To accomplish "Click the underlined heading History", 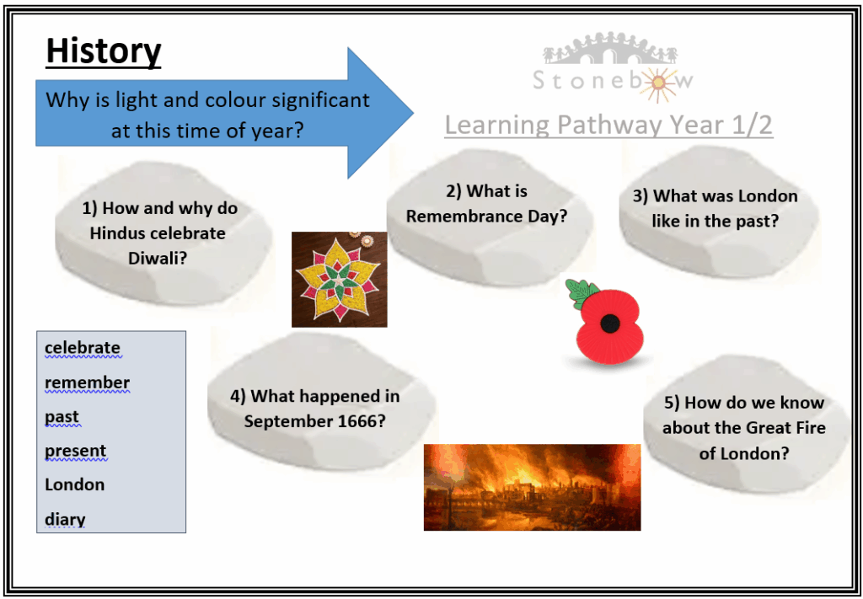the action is [104, 52].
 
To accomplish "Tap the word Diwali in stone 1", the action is [158, 258].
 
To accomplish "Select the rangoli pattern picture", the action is [339, 280].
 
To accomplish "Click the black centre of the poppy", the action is [610, 324].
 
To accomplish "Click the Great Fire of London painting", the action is [533, 487].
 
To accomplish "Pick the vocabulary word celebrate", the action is [83, 348].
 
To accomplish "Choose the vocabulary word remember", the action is [87, 382].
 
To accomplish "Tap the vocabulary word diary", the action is [65, 519].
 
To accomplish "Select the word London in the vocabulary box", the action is [74, 484].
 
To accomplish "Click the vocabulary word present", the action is [75, 451].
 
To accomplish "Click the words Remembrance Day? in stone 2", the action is [486, 217].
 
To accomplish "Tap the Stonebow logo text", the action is [613, 81].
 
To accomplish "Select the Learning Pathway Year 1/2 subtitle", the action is [608, 126].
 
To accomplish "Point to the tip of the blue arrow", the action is [413, 113].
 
